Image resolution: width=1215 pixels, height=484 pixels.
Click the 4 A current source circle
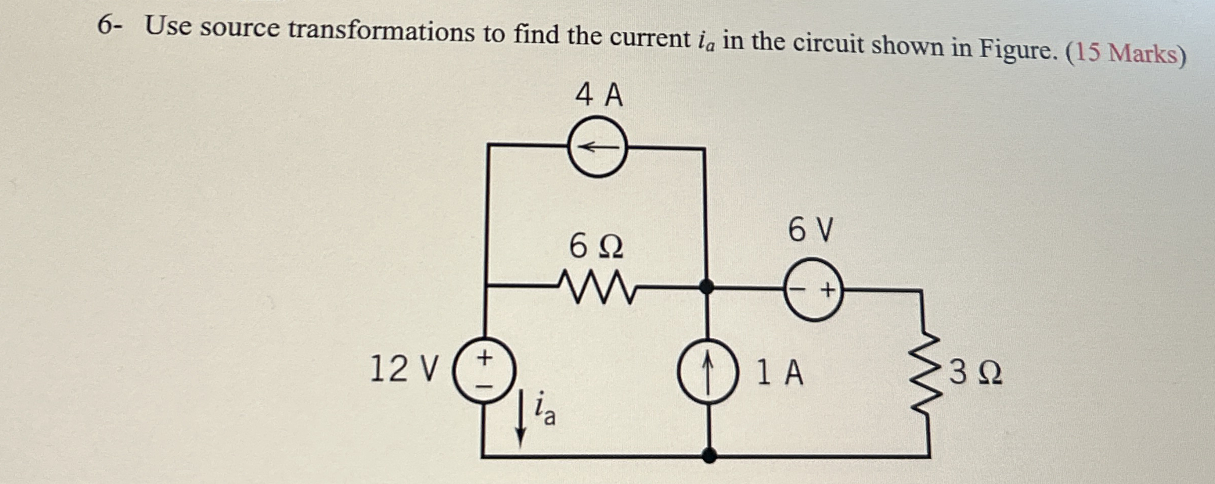[597, 147]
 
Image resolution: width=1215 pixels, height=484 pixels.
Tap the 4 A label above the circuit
[599, 95]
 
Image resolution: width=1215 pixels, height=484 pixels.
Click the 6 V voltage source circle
[814, 290]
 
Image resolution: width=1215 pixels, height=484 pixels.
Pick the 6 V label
[810, 230]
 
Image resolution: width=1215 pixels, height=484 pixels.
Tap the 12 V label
[403, 369]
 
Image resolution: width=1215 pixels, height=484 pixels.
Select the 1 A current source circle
[708, 371]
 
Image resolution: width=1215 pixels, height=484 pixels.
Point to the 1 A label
[779, 373]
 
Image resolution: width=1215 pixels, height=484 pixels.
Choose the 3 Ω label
[975, 373]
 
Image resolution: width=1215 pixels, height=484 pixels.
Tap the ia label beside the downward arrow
[544, 409]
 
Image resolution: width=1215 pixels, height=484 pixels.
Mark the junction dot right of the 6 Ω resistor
[706, 287]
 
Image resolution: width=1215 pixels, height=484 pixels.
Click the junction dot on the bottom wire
[710, 456]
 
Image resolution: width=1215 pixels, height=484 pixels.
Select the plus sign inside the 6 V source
[827, 291]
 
